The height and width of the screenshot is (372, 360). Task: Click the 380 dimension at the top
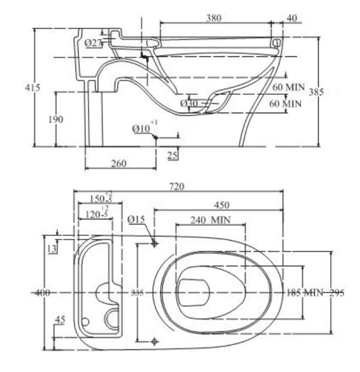click(214, 18)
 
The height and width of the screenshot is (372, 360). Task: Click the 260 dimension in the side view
click(118, 163)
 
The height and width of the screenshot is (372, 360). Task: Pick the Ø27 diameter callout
click(93, 43)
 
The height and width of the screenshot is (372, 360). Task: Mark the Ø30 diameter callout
click(189, 103)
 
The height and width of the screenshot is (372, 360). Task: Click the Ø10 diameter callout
click(142, 128)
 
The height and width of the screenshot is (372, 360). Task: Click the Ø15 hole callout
click(135, 219)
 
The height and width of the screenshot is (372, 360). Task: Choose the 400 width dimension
click(42, 293)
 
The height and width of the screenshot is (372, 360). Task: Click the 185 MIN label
click(305, 292)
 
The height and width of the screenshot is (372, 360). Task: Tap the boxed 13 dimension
click(53, 249)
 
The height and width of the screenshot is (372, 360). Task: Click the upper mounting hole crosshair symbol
click(155, 243)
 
